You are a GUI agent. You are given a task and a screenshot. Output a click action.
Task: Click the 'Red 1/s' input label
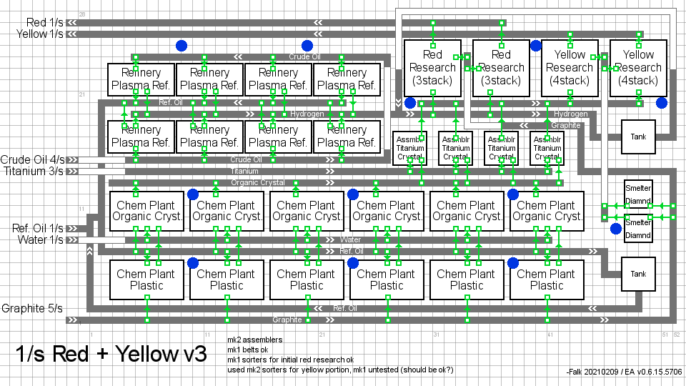coord(44,23)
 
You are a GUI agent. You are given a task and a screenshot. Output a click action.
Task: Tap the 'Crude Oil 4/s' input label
coord(32,159)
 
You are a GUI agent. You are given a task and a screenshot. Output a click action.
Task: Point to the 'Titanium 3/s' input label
coord(34,171)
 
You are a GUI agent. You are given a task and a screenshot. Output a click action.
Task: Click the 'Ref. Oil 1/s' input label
coord(37,228)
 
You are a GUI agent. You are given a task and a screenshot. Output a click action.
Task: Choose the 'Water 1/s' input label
coord(41,239)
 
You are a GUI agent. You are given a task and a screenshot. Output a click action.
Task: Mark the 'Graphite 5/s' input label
coord(32,309)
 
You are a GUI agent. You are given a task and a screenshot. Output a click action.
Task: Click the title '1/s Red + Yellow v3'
coord(111,354)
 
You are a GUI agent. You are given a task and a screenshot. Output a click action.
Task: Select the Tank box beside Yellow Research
coord(638,137)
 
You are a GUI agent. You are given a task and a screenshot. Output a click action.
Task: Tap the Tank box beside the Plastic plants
coord(638,274)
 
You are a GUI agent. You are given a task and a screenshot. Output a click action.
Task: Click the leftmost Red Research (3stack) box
coord(432,68)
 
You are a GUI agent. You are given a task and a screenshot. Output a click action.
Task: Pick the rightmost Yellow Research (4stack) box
coord(638,68)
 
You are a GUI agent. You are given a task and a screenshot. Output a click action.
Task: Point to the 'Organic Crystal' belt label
coord(257,182)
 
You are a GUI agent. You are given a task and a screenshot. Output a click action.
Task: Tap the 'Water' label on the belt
coord(350,239)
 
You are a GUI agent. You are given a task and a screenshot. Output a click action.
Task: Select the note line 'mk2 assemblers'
coord(254,340)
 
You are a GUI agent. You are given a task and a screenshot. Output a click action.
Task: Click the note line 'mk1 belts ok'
coord(248,350)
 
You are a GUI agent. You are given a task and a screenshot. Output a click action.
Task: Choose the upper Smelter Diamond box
coord(638,193)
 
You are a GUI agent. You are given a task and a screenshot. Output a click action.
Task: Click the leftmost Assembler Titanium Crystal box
coord(409,148)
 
